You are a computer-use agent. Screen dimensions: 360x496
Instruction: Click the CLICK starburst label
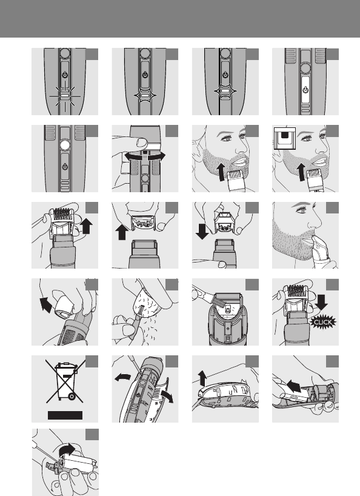pos(322,323)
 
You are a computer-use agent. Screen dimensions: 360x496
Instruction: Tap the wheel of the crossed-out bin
pos(72,397)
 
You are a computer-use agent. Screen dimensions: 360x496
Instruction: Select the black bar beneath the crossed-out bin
pos(65,415)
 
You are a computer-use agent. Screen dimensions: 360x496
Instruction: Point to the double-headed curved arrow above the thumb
pos(145,156)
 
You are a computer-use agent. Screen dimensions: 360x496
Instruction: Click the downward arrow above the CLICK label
pos(321,302)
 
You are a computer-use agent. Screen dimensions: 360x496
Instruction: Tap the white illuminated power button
pos(305,90)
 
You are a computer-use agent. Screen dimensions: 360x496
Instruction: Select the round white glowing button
pos(64,145)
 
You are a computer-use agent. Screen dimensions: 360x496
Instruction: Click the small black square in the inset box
pos(285,135)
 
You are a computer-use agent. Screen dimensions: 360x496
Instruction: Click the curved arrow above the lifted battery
pos(67,450)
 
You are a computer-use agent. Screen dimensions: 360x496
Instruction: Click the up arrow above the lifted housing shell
pos(202,378)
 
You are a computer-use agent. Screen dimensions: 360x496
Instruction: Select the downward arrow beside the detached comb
pos(202,231)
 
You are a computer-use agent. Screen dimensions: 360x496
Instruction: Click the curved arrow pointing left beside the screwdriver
pos(122,377)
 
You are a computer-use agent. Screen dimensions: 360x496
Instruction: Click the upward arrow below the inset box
pos(301,172)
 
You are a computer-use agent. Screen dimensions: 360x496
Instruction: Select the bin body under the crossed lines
pos(65,380)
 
